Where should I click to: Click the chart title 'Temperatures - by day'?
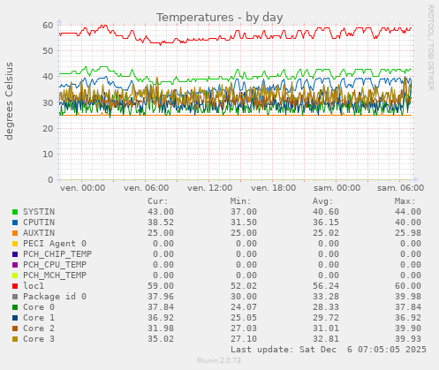219,17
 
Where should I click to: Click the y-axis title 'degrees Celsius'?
11,101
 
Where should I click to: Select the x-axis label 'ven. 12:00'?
210,188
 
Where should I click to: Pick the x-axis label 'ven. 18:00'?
274,188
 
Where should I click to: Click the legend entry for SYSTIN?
38,212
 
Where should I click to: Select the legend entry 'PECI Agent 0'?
55,244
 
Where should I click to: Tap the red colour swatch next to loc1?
14,286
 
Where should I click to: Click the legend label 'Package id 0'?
55,297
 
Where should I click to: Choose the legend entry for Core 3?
38,339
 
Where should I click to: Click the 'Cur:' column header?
157,201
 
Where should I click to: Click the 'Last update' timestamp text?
328,350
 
